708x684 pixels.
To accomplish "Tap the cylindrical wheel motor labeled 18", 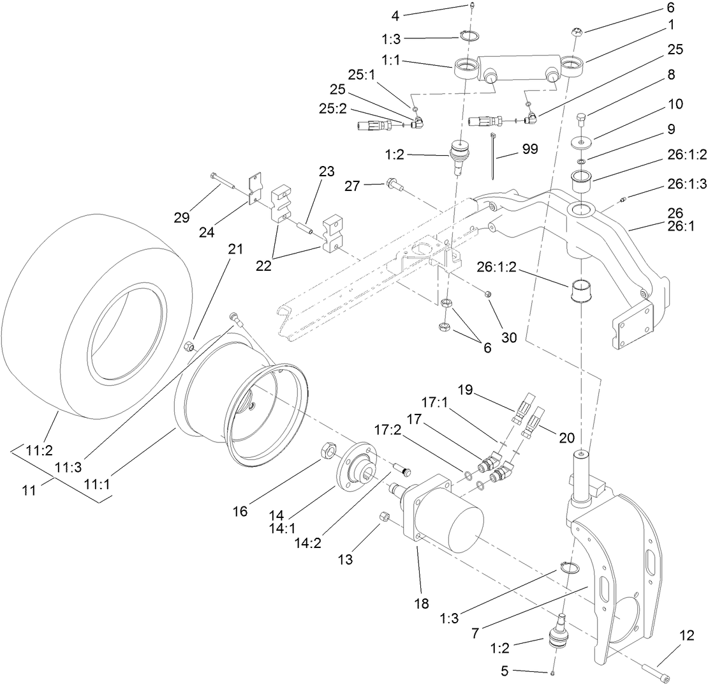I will [x=446, y=517].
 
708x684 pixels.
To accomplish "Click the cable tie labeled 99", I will [x=494, y=156].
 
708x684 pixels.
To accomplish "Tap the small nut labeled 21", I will [x=189, y=347].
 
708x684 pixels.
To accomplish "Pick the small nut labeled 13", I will [x=385, y=516].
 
